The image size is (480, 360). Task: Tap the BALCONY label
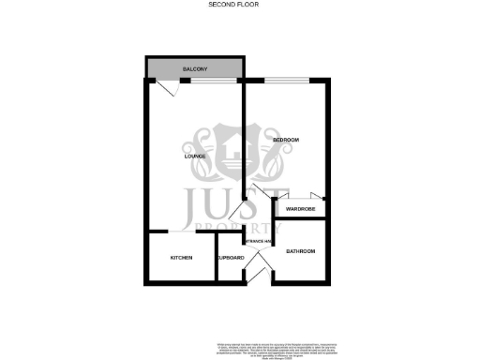pyautogui.click(x=195, y=71)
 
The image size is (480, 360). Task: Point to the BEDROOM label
pyautogui.click(x=285, y=141)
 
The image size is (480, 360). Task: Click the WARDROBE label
pyautogui.click(x=300, y=208)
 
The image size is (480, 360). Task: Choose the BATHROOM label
pyautogui.click(x=300, y=251)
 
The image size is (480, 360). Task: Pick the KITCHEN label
pyautogui.click(x=181, y=257)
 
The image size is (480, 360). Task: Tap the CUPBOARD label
pyautogui.click(x=231, y=257)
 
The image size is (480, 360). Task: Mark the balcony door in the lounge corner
pyautogui.click(x=166, y=88)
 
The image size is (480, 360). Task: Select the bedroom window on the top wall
pyautogui.click(x=286, y=82)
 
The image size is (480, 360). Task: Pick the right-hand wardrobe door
pyautogui.click(x=319, y=196)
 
